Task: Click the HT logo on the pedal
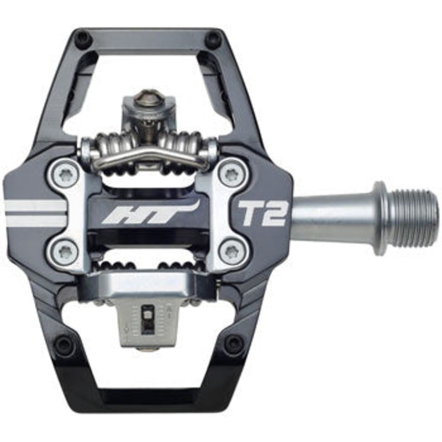[149, 213]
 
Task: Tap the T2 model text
[263, 212]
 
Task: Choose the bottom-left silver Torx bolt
[65, 252]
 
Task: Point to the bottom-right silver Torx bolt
[231, 252]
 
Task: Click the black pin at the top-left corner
[82, 39]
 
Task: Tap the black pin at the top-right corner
[212, 39]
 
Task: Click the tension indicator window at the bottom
[149, 319]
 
